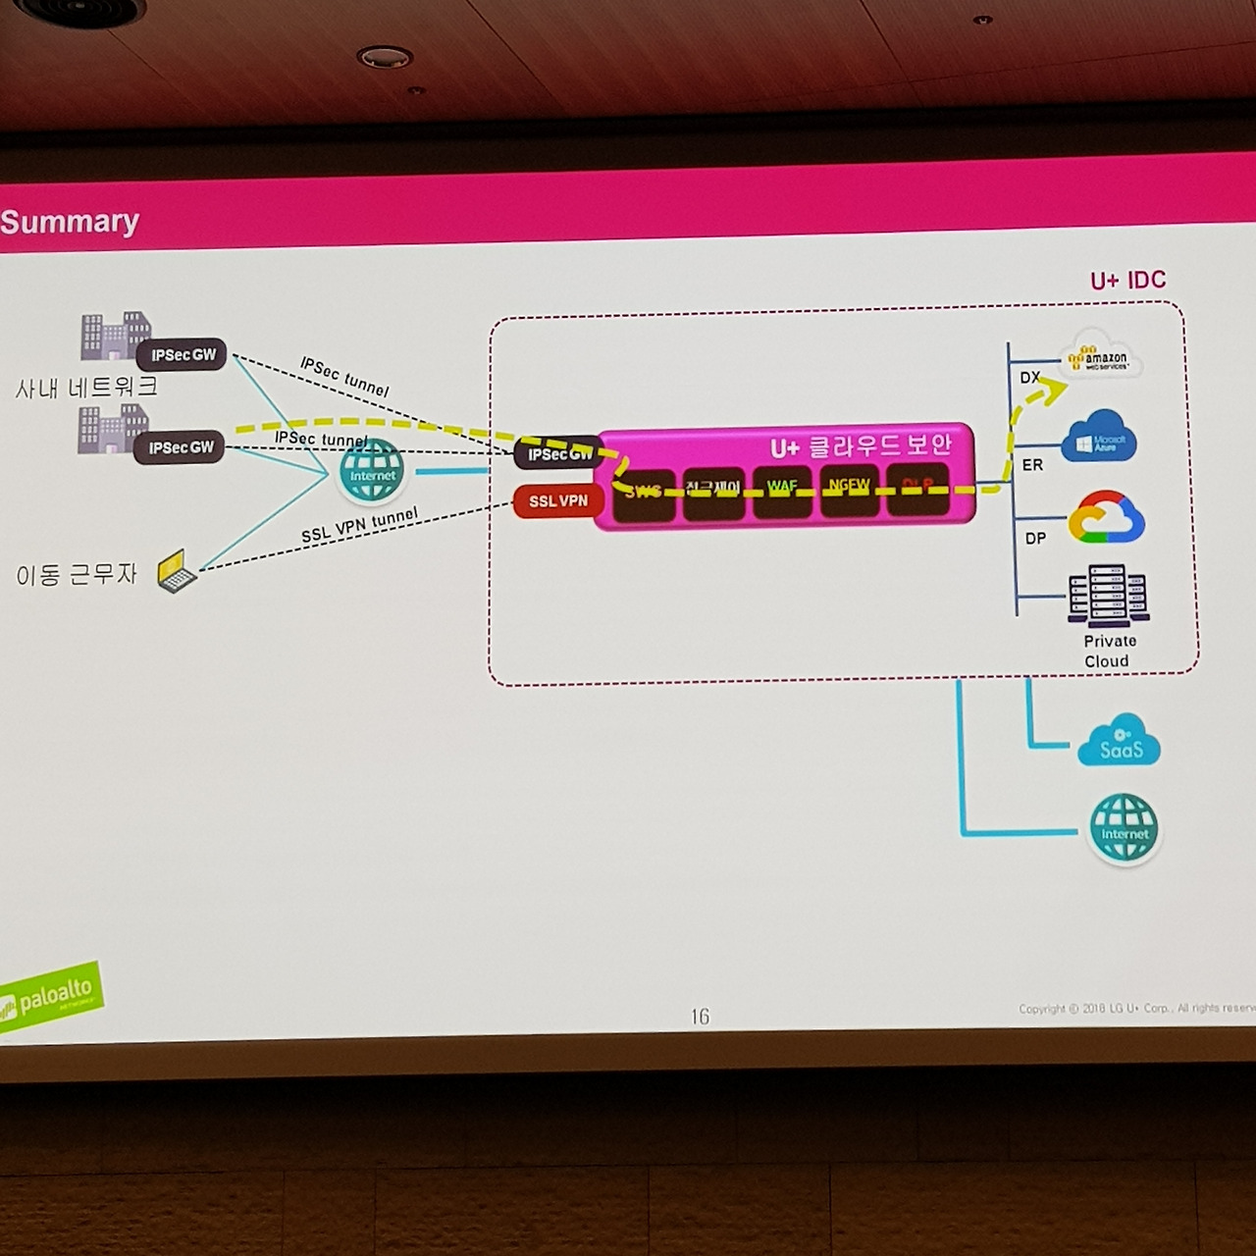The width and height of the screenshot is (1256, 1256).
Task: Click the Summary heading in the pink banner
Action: pos(70,222)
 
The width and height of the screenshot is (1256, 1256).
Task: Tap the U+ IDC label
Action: pos(1127,281)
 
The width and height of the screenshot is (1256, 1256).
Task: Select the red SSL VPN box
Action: pos(557,501)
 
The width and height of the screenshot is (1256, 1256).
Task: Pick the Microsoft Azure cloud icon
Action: pos(1100,439)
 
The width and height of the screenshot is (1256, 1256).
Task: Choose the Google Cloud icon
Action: pos(1106,518)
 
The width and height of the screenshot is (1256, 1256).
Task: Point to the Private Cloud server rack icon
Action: pos(1109,595)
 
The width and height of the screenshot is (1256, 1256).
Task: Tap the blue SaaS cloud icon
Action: pos(1119,742)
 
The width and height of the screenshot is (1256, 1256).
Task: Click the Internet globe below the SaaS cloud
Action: pos(1125,829)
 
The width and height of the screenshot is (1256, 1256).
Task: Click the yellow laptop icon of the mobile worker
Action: pos(177,571)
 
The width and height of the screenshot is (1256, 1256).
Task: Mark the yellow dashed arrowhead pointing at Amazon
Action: pos(1053,391)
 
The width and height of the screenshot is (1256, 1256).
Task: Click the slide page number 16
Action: pos(700,1017)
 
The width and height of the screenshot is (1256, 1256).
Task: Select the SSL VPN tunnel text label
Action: pos(359,526)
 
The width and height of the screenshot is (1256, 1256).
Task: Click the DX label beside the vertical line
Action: pos(1029,378)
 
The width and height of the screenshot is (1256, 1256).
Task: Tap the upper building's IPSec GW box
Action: pos(183,355)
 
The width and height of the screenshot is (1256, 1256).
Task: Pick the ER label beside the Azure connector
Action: pos(1032,465)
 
